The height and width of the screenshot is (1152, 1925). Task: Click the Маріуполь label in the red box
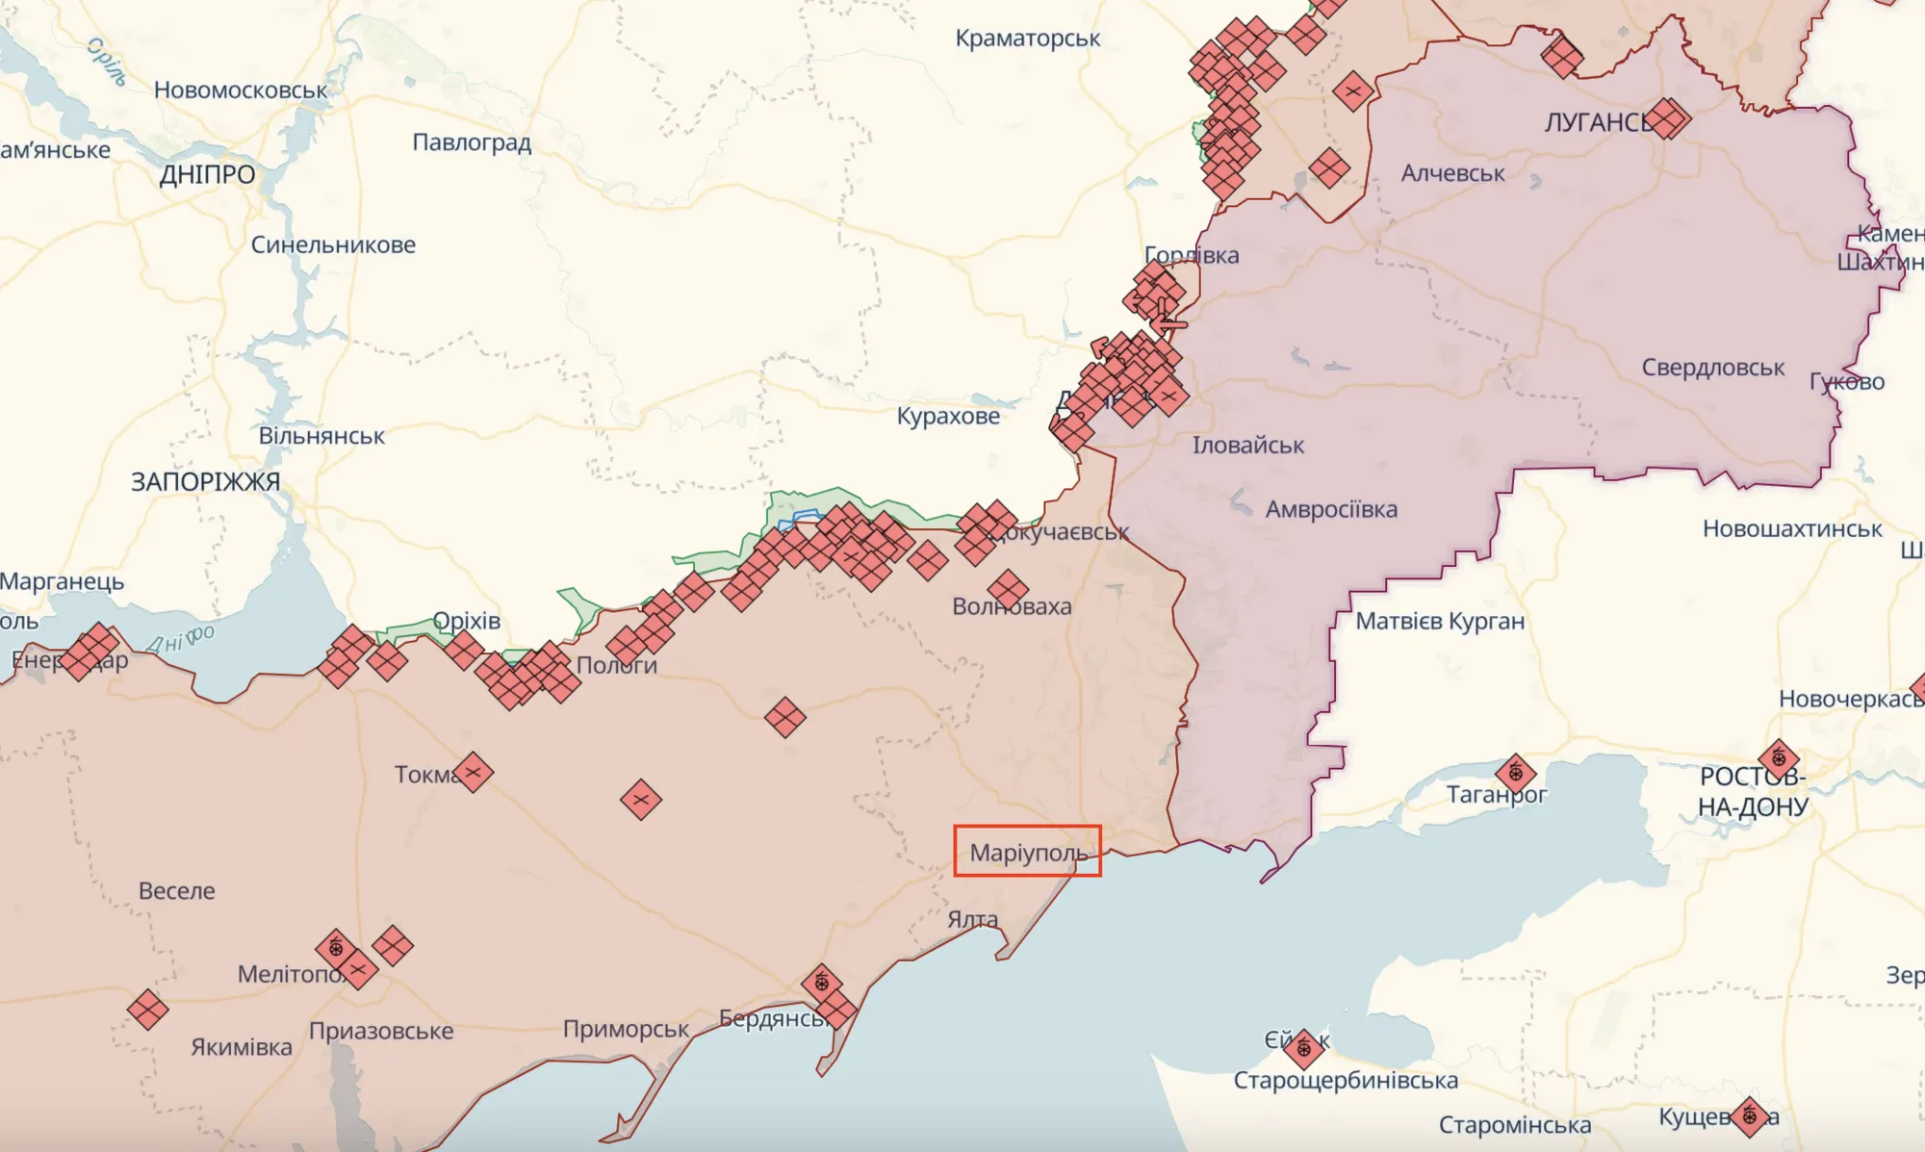1027,852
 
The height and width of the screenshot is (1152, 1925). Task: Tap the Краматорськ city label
1027,38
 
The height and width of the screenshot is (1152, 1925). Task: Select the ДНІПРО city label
207,174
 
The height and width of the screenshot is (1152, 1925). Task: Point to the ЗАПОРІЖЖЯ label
205,481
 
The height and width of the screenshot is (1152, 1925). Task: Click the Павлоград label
472,142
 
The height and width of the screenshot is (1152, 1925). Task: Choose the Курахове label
948,416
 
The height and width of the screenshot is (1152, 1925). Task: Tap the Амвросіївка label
1331,509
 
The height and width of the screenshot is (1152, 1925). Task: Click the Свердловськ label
1712,368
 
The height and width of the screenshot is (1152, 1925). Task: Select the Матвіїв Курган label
1440,622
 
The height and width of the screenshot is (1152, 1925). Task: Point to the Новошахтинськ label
1792,528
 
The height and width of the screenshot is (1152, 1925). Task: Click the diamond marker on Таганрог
1515,773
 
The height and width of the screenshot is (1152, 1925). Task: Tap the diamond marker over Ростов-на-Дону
1778,758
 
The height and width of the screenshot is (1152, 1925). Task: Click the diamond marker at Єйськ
1304,1049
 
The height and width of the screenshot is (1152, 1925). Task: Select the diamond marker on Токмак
473,772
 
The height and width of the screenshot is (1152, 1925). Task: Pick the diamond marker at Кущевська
1749,1116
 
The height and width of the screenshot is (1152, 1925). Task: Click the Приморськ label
626,1029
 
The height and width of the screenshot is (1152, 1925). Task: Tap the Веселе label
177,890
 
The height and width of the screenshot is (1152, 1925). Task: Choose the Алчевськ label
1452,173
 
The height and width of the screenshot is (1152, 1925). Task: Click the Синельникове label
333,244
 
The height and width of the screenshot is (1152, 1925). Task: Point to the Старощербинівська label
1346,1080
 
